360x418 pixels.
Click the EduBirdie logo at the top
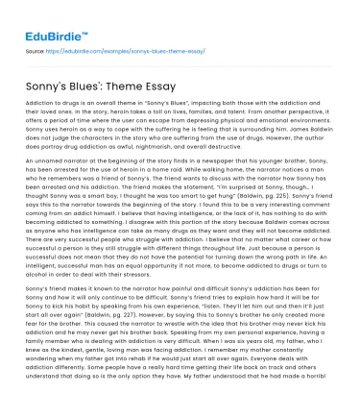pos(48,16)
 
